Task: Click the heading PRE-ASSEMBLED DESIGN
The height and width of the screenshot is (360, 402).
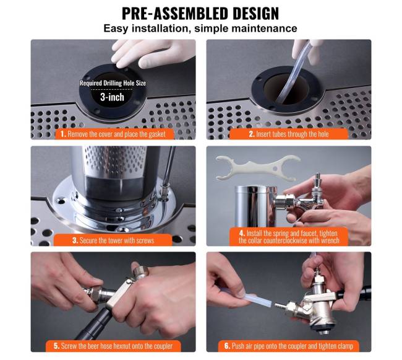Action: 200,14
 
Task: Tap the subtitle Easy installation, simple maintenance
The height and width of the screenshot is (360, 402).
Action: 200,29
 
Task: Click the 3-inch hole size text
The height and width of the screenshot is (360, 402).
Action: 112,97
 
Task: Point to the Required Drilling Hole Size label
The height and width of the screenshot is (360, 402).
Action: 113,83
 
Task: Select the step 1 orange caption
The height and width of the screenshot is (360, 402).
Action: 114,134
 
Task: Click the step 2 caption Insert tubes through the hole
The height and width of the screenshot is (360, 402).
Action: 288,134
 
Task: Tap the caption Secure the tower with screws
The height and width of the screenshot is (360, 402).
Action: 113,240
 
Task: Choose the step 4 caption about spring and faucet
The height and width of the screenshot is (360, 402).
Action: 289,237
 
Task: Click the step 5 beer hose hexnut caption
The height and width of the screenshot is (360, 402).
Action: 113,346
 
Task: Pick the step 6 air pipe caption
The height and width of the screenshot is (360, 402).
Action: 289,346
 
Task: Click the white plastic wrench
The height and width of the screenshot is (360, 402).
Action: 258,168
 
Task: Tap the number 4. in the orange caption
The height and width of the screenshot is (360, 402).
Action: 242,233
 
